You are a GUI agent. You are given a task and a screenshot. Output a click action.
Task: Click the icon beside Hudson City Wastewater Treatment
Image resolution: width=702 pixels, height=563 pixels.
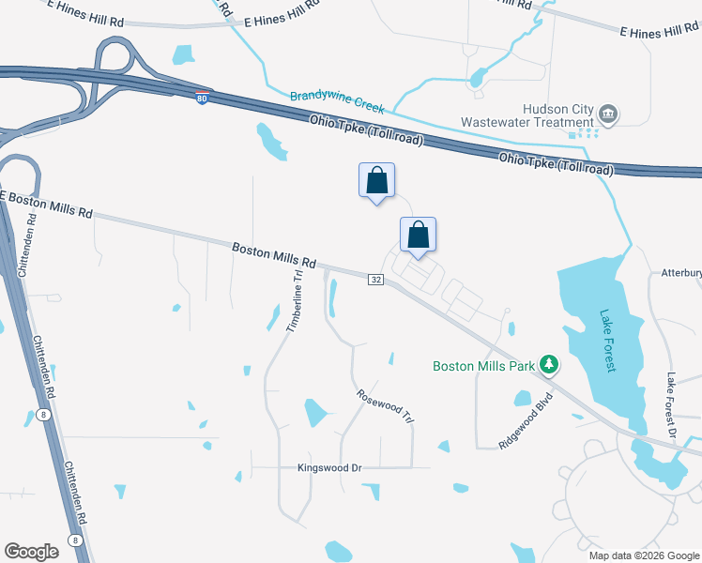[607, 114]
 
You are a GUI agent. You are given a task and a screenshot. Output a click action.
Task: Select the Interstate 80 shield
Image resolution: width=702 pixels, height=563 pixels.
[202, 98]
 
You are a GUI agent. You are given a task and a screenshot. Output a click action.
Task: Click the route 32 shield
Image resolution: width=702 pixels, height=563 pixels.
[375, 280]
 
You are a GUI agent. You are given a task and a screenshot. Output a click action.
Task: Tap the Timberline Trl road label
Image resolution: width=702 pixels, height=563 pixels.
[296, 299]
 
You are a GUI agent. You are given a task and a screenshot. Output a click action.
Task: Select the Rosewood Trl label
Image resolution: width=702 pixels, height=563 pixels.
[386, 406]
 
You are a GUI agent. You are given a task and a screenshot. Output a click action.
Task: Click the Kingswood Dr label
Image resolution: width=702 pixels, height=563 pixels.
[329, 467]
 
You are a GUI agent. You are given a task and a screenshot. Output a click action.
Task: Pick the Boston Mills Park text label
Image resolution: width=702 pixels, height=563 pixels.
[482, 366]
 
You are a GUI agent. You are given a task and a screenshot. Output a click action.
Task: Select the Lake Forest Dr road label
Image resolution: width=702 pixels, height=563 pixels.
[671, 406]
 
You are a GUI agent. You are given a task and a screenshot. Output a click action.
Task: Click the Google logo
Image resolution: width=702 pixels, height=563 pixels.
[32, 552]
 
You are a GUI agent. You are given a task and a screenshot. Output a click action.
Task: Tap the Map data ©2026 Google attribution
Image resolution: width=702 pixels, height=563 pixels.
[644, 555]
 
